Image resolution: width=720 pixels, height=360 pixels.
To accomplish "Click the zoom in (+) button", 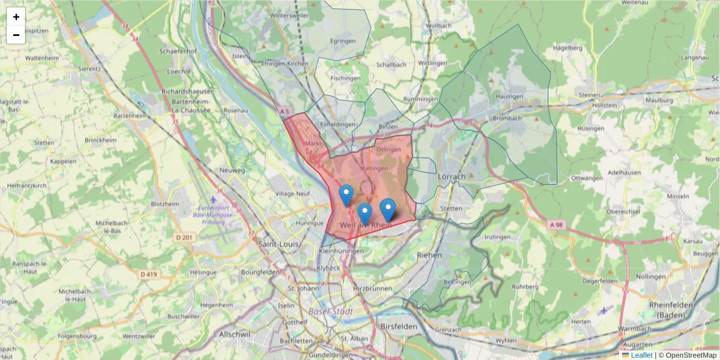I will tap(16, 17).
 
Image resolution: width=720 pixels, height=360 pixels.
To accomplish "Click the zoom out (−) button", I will tap(16, 35).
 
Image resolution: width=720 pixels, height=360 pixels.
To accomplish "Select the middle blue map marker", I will tap(364, 213).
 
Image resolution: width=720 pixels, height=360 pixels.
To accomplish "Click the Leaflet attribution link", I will tap(641, 355).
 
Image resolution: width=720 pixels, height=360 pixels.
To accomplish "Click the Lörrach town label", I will tap(452, 177).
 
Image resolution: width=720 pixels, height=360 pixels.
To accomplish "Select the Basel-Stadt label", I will tap(331, 312).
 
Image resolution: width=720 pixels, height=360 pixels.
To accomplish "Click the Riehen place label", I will tap(429, 255).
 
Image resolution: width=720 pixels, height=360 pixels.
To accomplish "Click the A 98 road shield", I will tap(557, 224).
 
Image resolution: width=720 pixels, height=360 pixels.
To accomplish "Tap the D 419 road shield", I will tap(149, 274).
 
